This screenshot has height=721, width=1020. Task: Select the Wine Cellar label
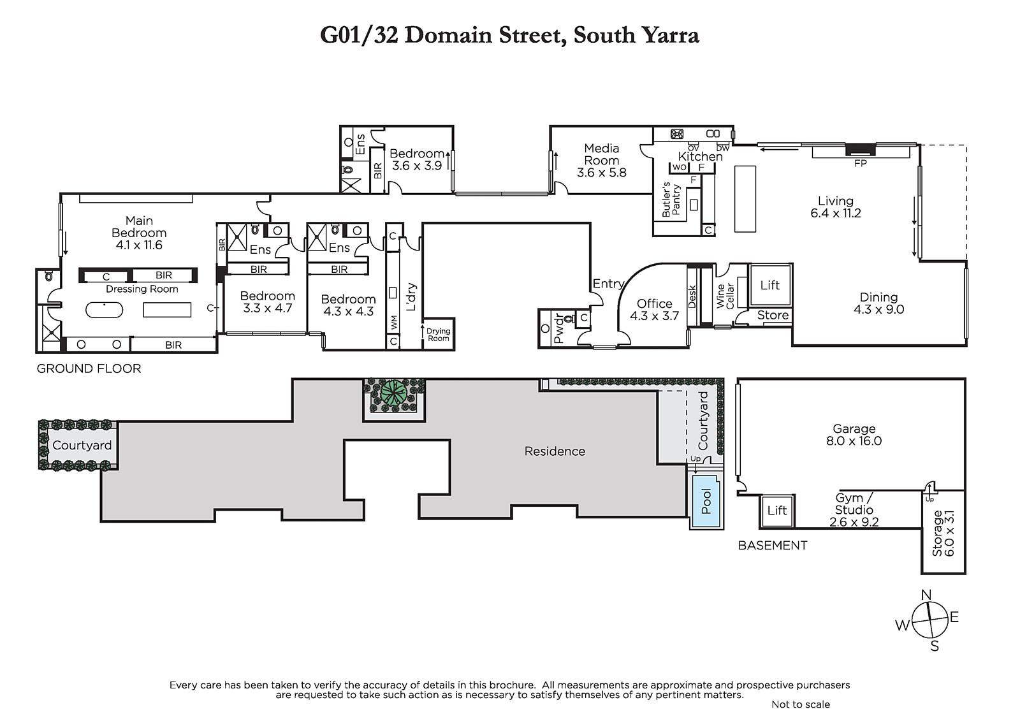(x=725, y=296)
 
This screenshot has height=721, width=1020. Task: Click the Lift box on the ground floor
(x=770, y=285)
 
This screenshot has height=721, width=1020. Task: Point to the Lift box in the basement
(x=777, y=511)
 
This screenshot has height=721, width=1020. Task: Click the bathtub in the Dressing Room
(x=105, y=310)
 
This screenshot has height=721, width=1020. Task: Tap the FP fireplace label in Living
(x=860, y=163)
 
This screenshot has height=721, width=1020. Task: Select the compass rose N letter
(x=926, y=595)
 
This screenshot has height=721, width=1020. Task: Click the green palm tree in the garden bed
(x=394, y=393)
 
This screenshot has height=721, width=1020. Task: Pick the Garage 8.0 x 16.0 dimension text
(x=854, y=441)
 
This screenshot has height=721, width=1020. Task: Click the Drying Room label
(x=438, y=335)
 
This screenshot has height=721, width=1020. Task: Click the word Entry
(x=608, y=284)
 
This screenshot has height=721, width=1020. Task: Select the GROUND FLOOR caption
(x=89, y=368)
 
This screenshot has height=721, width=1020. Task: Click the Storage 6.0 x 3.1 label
(x=943, y=534)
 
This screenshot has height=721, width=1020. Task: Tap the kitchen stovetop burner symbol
(x=676, y=134)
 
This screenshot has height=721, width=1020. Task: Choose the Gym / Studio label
(x=854, y=509)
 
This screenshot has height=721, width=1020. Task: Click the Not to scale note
(x=801, y=704)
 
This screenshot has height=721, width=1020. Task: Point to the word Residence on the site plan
(x=555, y=451)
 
